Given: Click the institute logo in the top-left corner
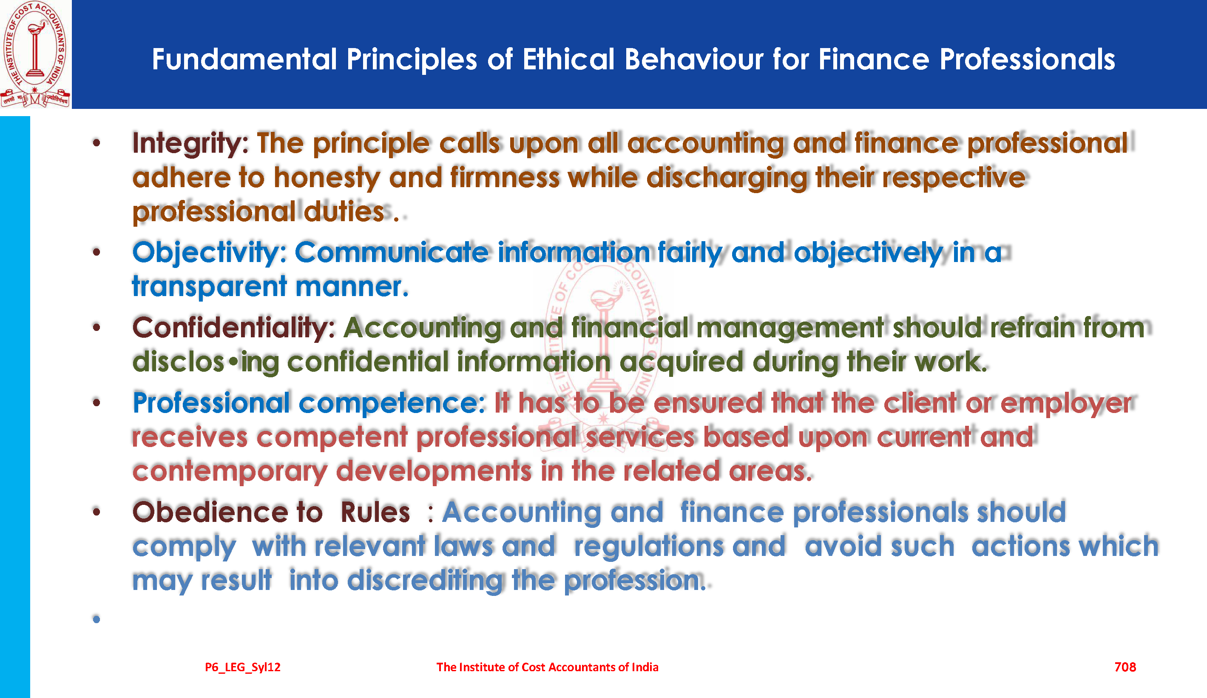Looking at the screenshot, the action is pyautogui.click(x=35, y=54).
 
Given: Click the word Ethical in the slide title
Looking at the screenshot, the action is pyautogui.click(x=568, y=60).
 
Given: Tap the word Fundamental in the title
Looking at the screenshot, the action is pyautogui.click(x=245, y=60).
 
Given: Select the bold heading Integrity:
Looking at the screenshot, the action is pyautogui.click(x=190, y=144).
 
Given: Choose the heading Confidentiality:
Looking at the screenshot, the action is pyautogui.click(x=233, y=328).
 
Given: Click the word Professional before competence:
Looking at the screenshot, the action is pyautogui.click(x=211, y=402).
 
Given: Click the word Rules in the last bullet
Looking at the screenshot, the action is pyautogui.click(x=375, y=512).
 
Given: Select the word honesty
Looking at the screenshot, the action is pyautogui.click(x=327, y=178).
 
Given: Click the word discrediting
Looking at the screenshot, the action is pyautogui.click(x=425, y=580).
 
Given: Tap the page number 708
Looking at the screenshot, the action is pyautogui.click(x=1125, y=667).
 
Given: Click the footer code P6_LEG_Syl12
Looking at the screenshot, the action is pyautogui.click(x=242, y=667).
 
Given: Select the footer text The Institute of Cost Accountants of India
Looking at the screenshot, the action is pyautogui.click(x=547, y=667).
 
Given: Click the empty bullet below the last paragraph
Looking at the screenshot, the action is pyautogui.click(x=96, y=619).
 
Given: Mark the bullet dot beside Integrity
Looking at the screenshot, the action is pyautogui.click(x=96, y=142).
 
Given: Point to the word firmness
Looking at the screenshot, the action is pyautogui.click(x=505, y=178).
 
